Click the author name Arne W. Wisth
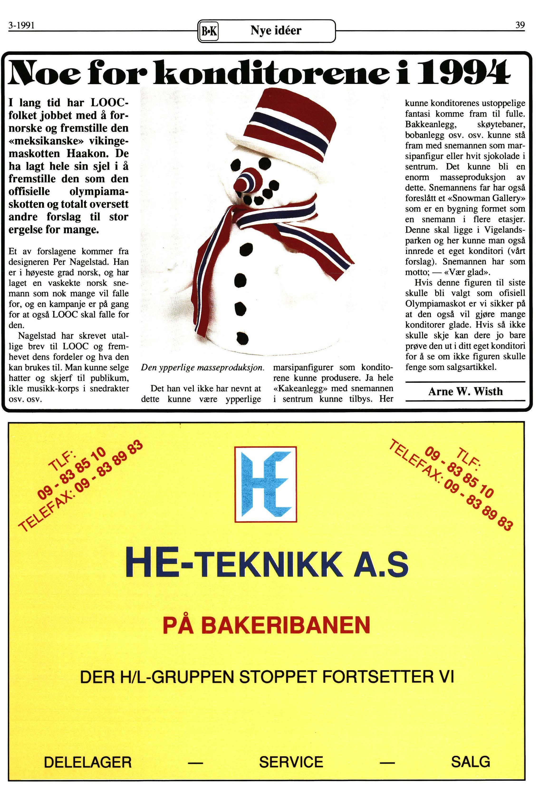coord(465,392)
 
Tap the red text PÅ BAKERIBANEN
coord(266,625)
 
